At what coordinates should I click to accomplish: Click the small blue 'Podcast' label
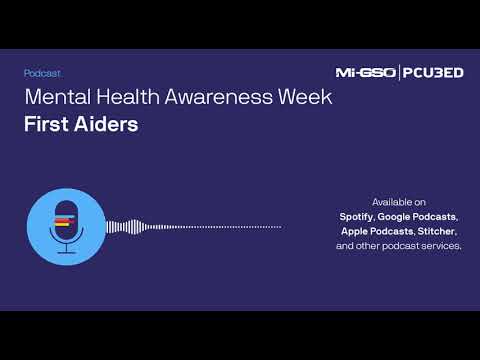coord(42,73)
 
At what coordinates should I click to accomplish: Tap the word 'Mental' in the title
coord(56,98)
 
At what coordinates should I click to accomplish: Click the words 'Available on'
coord(398,201)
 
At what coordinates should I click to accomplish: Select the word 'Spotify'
coord(356,216)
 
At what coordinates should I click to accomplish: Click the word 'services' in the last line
coord(441,246)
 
